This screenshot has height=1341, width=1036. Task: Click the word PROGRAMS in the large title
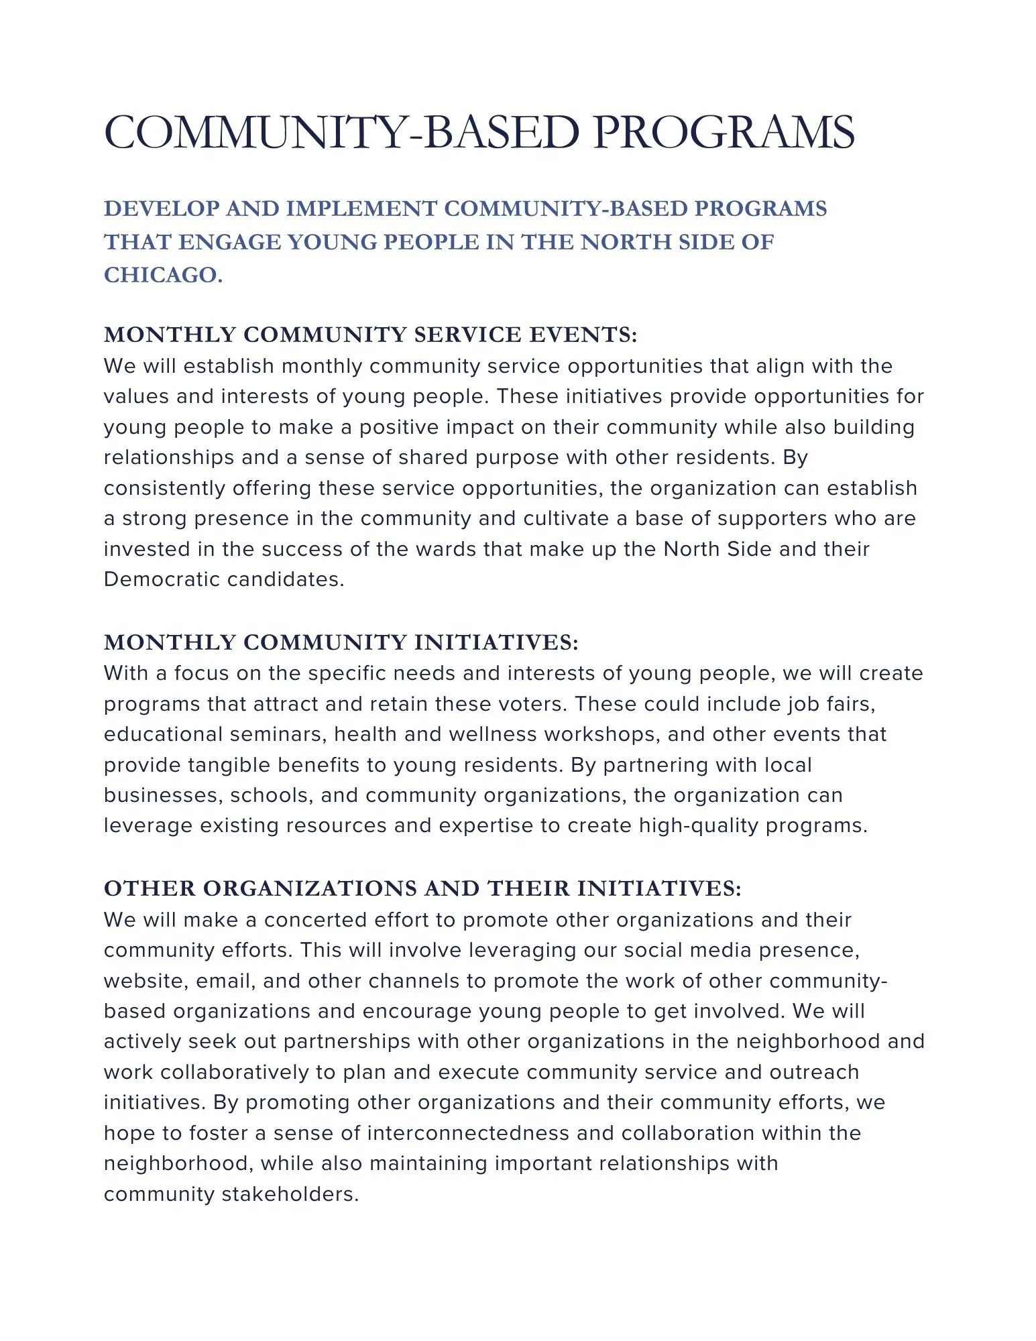coord(724,132)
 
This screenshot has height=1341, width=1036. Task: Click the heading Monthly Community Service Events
coord(370,335)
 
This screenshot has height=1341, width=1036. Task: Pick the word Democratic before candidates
coord(162,579)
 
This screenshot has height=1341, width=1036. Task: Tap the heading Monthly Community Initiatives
coord(341,642)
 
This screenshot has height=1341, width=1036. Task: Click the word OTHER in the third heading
coord(149,888)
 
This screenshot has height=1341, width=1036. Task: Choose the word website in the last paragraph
coord(146,981)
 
